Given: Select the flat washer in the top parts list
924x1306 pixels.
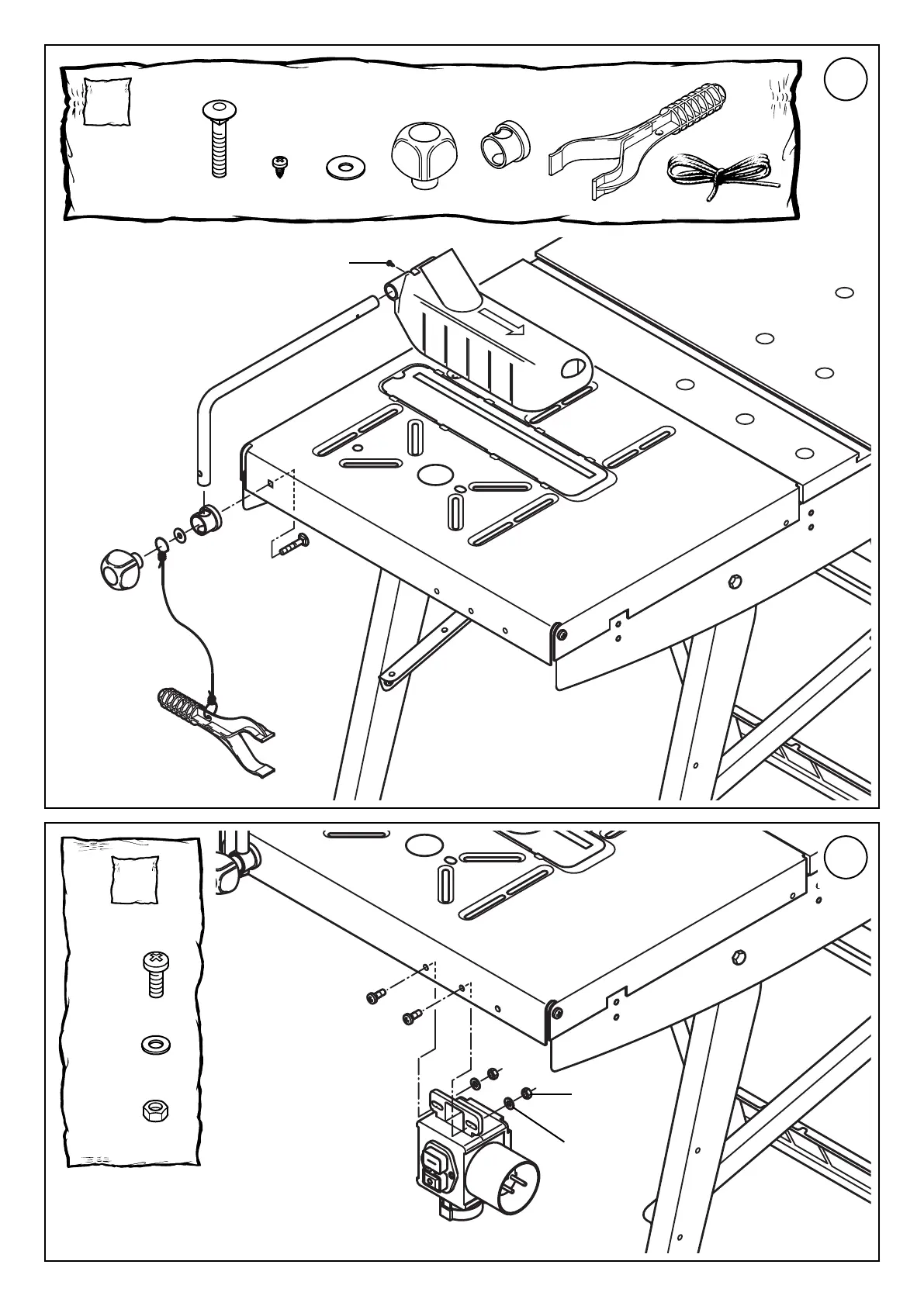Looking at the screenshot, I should tap(342, 166).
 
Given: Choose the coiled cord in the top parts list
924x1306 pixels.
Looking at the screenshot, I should tap(719, 174).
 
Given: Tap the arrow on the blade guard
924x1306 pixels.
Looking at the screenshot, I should tap(501, 323).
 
